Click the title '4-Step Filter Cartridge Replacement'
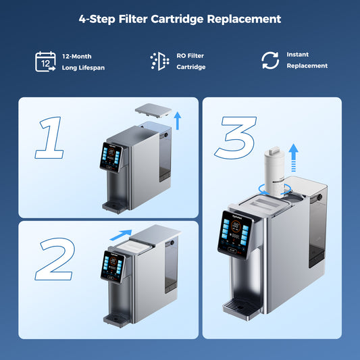pyautogui.click(x=180, y=20)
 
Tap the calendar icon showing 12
pyautogui.click(x=45, y=61)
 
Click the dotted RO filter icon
pyautogui.click(x=159, y=61)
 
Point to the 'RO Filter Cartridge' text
pyautogui.click(x=190, y=61)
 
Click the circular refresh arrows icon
pyautogui.click(x=270, y=61)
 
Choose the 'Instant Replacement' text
pyautogui.click(x=307, y=60)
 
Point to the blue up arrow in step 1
pyautogui.click(x=177, y=121)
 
